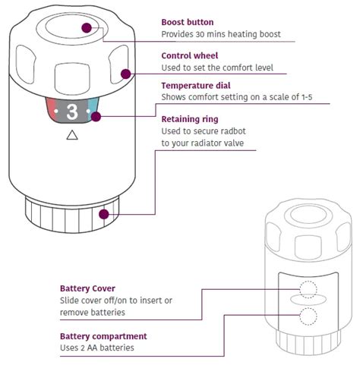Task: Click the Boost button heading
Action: click(x=188, y=22)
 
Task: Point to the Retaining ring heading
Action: click(x=189, y=119)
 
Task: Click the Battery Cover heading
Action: click(x=87, y=288)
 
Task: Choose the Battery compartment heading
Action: click(x=103, y=335)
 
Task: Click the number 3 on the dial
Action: click(x=72, y=112)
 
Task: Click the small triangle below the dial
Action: click(x=72, y=136)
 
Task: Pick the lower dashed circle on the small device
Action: click(x=308, y=316)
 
